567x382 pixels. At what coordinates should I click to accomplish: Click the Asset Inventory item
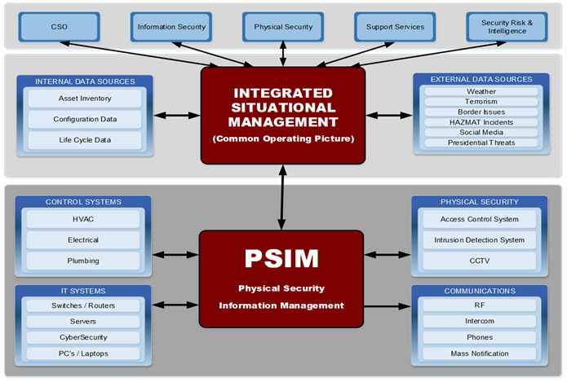[84, 99]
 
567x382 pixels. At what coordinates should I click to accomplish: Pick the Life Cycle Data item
[84, 140]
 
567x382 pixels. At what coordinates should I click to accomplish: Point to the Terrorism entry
[481, 102]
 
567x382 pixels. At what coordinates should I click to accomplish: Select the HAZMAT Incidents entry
[481, 122]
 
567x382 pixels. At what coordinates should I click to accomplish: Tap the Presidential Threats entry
[481, 143]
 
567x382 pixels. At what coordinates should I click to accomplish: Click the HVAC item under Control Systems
[83, 219]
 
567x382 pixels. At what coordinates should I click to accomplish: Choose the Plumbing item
[83, 261]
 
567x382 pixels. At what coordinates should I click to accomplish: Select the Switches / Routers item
[83, 306]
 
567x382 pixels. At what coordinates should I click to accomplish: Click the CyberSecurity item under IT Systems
[83, 337]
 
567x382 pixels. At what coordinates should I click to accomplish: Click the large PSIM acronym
[281, 258]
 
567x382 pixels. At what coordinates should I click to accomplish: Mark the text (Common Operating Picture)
[282, 139]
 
